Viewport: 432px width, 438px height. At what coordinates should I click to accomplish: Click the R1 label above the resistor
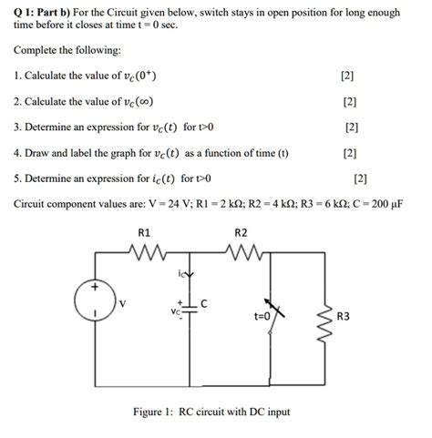(144, 234)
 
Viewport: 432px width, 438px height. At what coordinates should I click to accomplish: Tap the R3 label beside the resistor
(343, 317)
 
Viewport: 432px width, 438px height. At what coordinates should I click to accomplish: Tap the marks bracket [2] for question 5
(361, 178)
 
